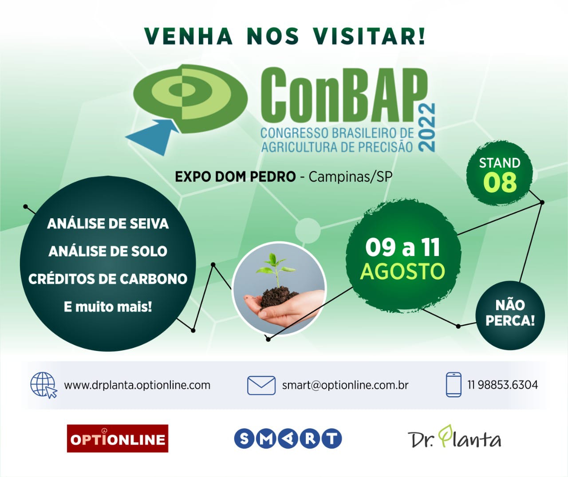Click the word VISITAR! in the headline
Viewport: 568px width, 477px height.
pos(369,36)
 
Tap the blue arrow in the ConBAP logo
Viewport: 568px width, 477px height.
pos(152,137)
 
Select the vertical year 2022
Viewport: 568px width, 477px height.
pos(426,127)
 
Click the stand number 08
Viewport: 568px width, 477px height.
pos(500,182)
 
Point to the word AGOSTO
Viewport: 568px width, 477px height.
pos(402,271)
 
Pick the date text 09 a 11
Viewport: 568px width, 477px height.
pos(402,247)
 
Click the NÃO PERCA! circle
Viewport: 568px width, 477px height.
pos(510,315)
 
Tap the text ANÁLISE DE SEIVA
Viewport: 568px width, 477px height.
pos(108,224)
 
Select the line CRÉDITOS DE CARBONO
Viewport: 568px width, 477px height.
pos(108,279)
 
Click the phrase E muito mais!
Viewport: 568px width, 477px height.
pos(108,307)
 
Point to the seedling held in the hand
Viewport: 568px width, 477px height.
pos(275,269)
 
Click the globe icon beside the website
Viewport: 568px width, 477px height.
pos(43,385)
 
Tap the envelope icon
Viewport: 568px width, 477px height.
pos(261,385)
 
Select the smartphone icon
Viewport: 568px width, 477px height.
pos(454,385)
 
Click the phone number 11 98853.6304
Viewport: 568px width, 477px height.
pos(502,385)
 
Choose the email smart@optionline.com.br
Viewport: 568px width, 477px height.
pos(345,385)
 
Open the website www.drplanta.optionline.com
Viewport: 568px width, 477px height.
pos(137,385)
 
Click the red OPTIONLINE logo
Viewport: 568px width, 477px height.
pos(118,438)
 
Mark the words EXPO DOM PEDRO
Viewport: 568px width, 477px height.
pos(235,177)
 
